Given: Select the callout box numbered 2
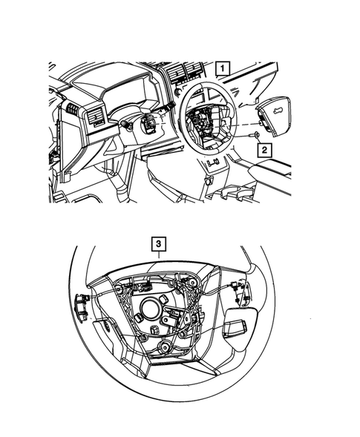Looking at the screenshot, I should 264,149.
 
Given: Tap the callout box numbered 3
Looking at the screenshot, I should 158,242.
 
